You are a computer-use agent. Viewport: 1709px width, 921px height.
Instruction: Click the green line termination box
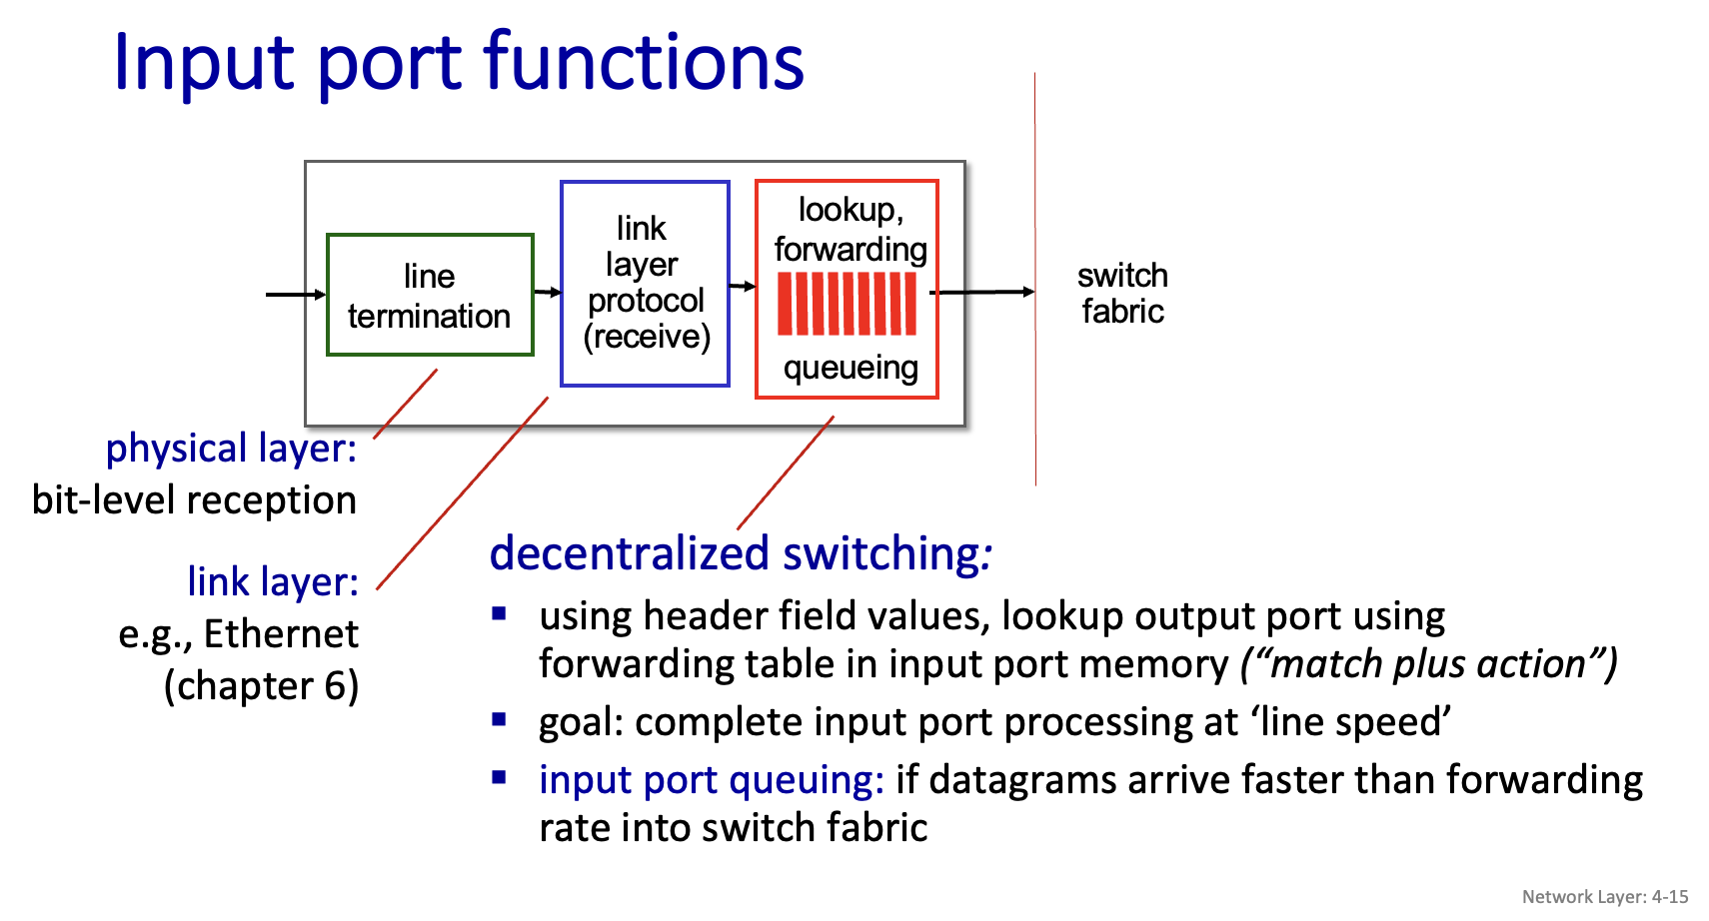point(430,295)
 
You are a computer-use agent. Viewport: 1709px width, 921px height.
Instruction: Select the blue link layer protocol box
point(645,284)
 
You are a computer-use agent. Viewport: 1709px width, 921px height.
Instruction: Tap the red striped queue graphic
point(847,304)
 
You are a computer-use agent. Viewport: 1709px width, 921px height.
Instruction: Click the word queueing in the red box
point(851,368)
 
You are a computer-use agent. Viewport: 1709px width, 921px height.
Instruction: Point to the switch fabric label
point(1122,293)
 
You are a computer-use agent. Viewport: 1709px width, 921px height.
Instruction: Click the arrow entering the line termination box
point(296,295)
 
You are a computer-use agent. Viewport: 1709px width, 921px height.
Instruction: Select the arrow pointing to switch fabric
point(983,292)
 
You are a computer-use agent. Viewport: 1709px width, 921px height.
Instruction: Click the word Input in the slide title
point(205,63)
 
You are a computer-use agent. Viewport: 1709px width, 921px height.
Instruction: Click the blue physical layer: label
point(231,448)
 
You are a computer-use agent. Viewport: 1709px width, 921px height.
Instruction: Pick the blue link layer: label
point(273,581)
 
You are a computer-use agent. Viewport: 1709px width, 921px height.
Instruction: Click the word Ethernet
point(281,633)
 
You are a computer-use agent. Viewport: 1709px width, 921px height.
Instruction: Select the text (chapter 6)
point(261,685)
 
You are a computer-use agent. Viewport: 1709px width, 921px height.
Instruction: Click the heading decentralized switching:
point(740,553)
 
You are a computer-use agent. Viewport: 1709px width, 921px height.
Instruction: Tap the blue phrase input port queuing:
point(711,780)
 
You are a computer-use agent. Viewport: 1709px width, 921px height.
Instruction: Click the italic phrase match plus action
point(1428,664)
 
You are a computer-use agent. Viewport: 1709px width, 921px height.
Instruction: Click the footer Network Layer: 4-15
point(1604,896)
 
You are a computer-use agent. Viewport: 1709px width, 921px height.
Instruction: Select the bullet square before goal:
point(500,719)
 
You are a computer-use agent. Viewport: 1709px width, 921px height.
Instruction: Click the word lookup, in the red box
point(851,210)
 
